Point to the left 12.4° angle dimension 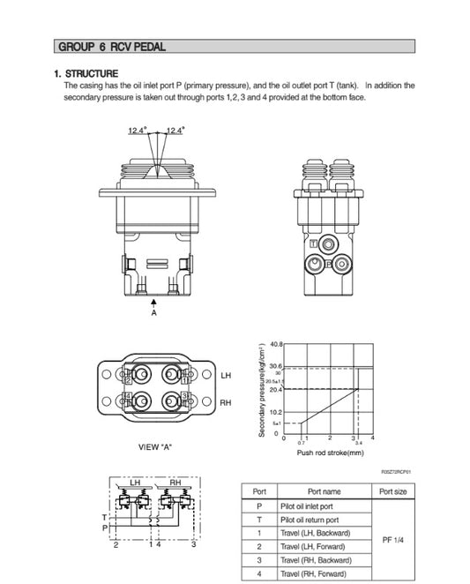(x=137, y=130)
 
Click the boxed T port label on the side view (x=315, y=241)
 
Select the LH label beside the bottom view (x=225, y=376)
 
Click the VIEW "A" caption (x=155, y=447)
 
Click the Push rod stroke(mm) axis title (x=330, y=453)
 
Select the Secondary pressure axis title (x=262, y=391)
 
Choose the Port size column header (x=392, y=491)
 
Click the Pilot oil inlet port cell (x=306, y=506)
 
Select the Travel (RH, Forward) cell (x=314, y=573)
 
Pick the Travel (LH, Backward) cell (x=315, y=534)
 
